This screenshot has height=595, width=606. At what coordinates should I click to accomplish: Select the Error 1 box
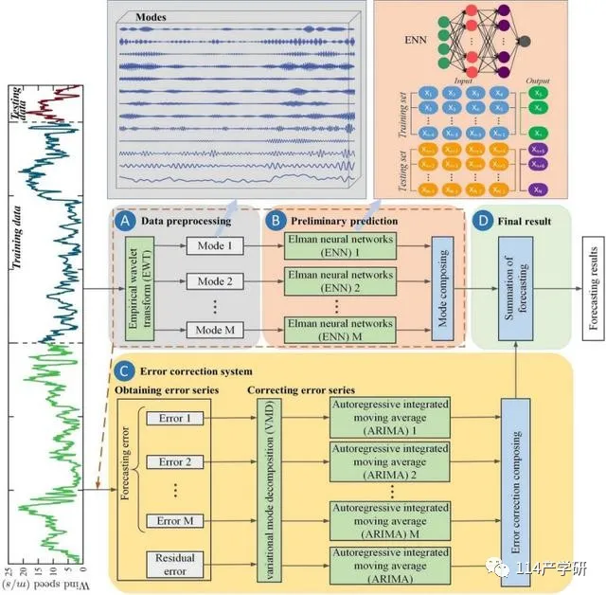175,419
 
